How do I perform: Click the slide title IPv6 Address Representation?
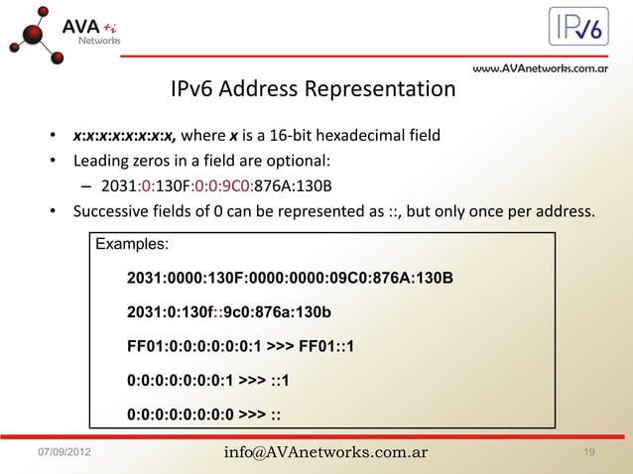click(x=314, y=91)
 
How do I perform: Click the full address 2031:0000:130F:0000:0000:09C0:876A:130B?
click(x=291, y=278)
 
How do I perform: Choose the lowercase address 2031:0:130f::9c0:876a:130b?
click(x=229, y=312)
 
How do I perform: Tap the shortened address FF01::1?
click(x=324, y=347)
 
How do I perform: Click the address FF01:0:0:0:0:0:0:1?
click(x=195, y=347)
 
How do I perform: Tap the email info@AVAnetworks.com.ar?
click(x=325, y=453)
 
